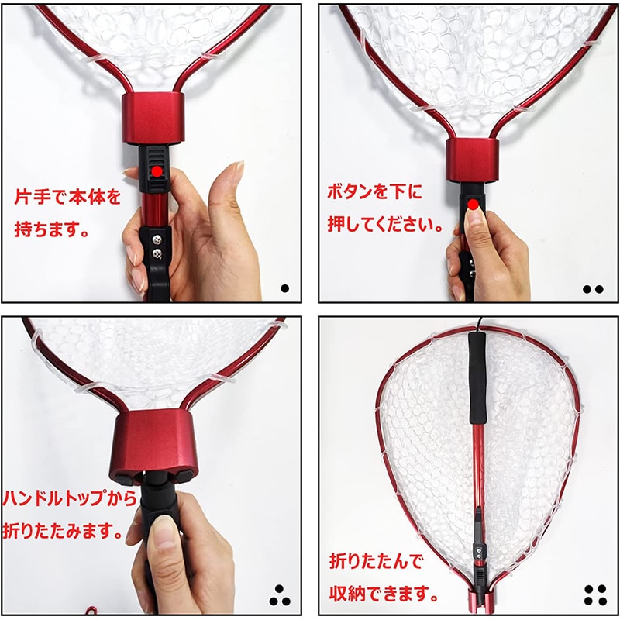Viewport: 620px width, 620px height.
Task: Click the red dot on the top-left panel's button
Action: coord(157,171)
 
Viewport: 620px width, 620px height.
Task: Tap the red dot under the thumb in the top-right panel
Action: coord(473,205)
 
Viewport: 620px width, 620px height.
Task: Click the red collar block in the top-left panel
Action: coord(153,119)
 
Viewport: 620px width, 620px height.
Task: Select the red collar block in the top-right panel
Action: coord(473,160)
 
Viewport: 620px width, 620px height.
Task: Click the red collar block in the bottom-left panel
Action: coord(153,446)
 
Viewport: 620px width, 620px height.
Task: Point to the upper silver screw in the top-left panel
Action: coord(157,239)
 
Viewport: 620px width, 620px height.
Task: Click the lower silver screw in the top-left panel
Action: coord(158,254)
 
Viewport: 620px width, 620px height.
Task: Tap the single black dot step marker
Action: coord(284,288)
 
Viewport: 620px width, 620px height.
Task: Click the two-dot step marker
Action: coord(593,289)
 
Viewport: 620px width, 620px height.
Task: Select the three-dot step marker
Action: coord(280,595)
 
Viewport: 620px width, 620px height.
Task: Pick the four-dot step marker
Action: coord(595,595)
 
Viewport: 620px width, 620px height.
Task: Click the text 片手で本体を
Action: coord(67,197)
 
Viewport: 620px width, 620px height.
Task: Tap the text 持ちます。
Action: coord(51,229)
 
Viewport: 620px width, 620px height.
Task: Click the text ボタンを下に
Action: coord(374,191)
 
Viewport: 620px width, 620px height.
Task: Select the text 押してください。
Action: coord(385,224)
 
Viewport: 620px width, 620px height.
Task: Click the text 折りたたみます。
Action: coord(64,530)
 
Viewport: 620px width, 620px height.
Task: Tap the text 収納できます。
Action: coord(384,594)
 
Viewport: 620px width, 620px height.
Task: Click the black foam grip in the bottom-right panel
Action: coord(477,378)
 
